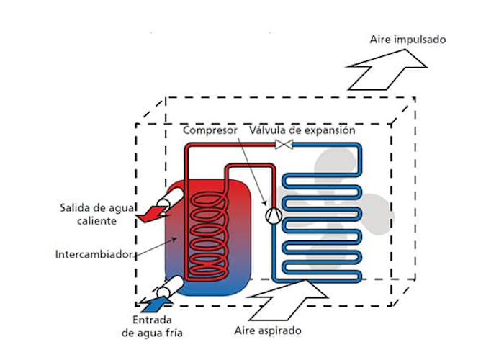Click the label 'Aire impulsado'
408,39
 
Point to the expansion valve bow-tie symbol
283,146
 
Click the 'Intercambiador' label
93,253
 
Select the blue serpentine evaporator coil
323,223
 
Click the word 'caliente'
96,221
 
